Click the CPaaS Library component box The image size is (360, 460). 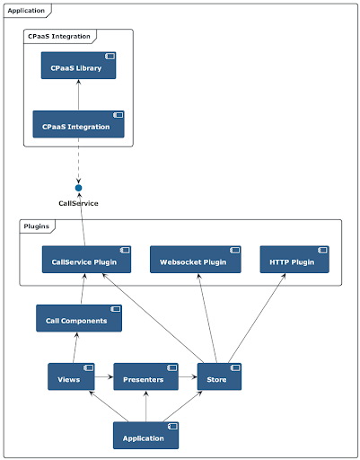[x=78, y=66]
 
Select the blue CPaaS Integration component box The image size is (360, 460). [x=78, y=124]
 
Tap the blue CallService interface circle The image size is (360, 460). [x=78, y=188]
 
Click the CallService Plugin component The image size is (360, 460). [x=86, y=260]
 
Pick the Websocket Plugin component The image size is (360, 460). [x=196, y=260]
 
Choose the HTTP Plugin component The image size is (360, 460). [x=294, y=260]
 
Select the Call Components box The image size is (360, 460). [x=79, y=318]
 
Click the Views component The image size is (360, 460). [x=71, y=376]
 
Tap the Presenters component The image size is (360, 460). [x=146, y=376]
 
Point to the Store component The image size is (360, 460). [x=219, y=376]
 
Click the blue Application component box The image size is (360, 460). [x=146, y=436]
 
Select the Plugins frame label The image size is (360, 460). [x=37, y=226]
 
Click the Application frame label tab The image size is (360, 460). [x=27, y=11]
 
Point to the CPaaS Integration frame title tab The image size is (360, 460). [x=59, y=36]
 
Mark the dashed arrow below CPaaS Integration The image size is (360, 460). [x=78, y=161]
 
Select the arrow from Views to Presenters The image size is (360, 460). [x=104, y=376]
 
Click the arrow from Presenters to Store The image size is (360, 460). [x=188, y=376]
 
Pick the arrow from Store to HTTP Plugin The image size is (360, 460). [x=257, y=318]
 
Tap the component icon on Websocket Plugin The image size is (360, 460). [x=235, y=250]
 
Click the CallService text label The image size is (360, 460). [x=78, y=203]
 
